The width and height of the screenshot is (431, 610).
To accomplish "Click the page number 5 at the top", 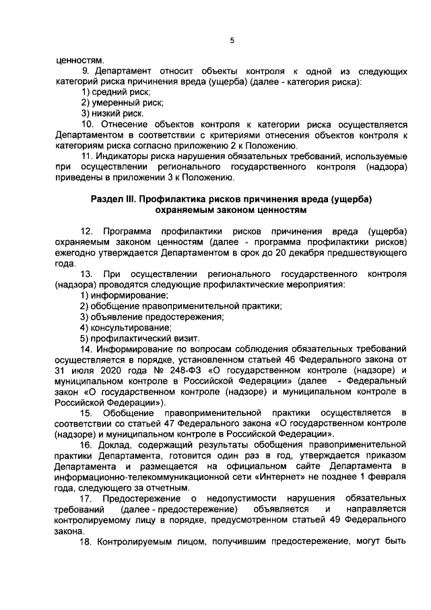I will pos(231,40).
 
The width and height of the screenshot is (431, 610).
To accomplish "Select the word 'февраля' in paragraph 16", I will pos(389,478).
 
